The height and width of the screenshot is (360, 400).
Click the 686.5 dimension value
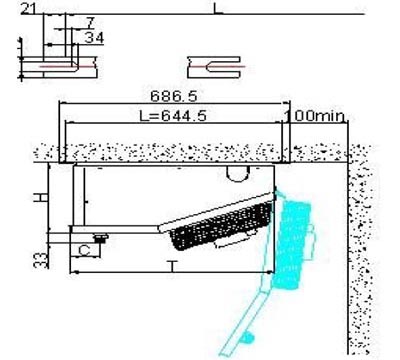[174, 96]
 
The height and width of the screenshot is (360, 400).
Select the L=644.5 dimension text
[173, 116]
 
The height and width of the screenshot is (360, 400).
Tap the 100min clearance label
[315, 116]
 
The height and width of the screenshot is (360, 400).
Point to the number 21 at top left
[29, 9]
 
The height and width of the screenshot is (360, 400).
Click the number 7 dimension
[90, 23]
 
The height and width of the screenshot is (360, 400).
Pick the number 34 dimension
[94, 38]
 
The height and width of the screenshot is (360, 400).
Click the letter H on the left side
[41, 198]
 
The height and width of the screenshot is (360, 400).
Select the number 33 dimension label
[41, 260]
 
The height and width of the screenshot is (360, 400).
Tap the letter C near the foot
[85, 251]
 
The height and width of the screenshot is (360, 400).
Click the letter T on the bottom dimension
[172, 266]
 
